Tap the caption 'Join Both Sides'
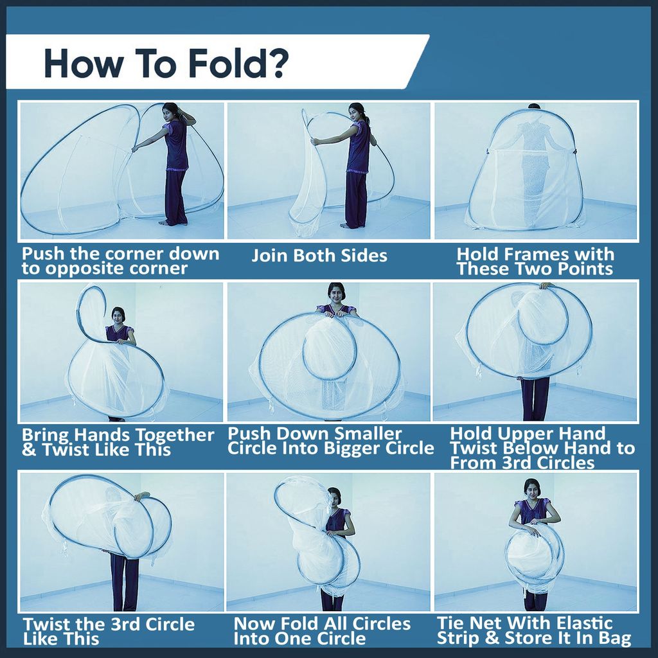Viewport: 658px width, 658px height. [x=319, y=255]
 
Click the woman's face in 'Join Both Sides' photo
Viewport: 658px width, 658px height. [x=353, y=114]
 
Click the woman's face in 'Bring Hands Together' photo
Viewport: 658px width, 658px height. [x=118, y=317]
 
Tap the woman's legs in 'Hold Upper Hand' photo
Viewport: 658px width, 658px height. [x=535, y=398]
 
